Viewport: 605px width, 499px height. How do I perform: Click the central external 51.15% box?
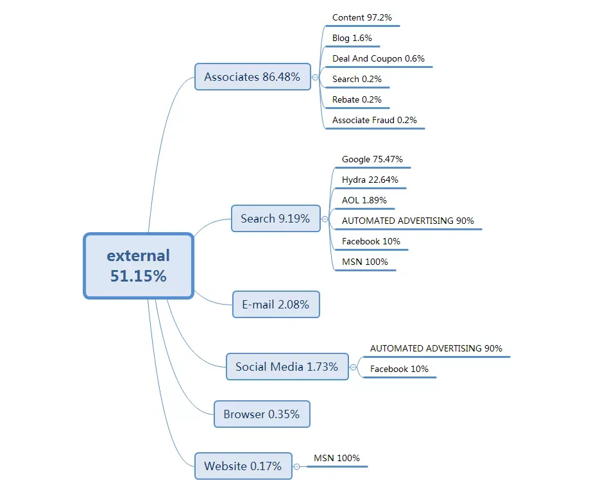point(139,266)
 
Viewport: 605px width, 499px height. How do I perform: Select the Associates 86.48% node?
point(253,77)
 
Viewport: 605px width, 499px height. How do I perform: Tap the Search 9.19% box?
point(275,219)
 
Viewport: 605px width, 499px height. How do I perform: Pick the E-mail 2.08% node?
point(276,305)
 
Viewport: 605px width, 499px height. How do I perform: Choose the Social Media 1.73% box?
point(287,367)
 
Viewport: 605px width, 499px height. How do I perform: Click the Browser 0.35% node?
point(262,414)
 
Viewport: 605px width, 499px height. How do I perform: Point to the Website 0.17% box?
point(243,466)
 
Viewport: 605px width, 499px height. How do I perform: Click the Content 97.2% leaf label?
point(362,18)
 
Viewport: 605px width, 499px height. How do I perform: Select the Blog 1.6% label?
point(352,38)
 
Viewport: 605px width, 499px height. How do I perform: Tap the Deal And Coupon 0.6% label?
point(378,58)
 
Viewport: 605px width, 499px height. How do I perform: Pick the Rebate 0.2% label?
point(357,100)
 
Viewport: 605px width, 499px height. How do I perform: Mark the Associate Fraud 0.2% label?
point(375,121)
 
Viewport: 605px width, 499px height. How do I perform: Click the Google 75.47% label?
point(372,160)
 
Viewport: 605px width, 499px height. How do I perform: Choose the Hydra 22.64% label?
point(370,180)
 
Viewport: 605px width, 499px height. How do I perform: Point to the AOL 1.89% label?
point(364,201)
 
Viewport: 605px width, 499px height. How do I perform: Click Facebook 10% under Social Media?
point(399,369)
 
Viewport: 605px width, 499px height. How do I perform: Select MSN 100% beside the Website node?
point(337,458)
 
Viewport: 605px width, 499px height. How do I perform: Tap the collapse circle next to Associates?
point(315,77)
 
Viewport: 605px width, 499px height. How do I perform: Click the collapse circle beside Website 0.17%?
point(296,466)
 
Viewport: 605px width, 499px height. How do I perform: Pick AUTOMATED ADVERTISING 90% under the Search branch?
point(408,221)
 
